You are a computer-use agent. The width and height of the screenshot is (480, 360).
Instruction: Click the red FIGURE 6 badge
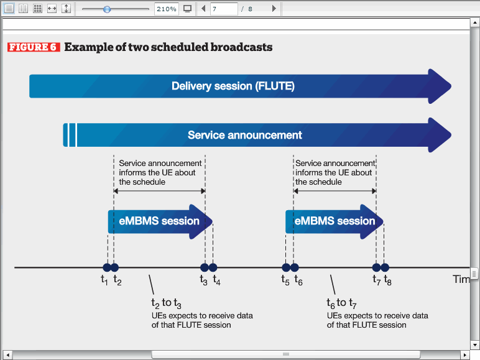click(34, 47)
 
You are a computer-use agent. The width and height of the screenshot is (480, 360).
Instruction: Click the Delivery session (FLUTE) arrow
click(240, 86)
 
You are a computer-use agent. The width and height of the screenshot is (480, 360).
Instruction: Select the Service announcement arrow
click(257, 135)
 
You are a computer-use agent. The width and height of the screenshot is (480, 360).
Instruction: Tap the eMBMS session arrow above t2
click(160, 221)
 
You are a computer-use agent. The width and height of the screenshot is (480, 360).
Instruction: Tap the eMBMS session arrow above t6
click(335, 221)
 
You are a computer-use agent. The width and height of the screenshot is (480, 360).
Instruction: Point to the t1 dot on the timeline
click(107, 267)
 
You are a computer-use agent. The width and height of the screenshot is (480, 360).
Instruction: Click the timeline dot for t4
click(213, 267)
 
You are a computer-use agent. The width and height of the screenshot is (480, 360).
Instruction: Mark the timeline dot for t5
click(286, 267)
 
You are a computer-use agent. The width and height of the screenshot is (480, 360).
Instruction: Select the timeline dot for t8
click(385, 267)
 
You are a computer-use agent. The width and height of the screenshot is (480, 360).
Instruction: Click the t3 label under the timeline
click(203, 280)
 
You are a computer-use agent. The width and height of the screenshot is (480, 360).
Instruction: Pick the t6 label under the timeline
click(298, 280)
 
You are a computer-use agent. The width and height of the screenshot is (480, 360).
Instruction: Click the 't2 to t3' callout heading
click(166, 303)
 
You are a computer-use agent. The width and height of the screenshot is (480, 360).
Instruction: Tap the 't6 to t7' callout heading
click(341, 303)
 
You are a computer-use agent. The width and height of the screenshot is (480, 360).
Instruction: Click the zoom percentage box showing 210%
click(167, 9)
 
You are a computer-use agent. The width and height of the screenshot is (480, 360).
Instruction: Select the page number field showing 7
click(224, 9)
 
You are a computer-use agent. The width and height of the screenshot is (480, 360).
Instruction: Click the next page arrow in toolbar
click(274, 9)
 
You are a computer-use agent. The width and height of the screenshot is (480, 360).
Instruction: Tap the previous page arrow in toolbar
click(203, 9)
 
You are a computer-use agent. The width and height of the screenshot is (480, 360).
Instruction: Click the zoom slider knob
click(107, 9)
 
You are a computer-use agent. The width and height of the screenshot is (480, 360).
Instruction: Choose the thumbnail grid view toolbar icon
click(37, 9)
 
